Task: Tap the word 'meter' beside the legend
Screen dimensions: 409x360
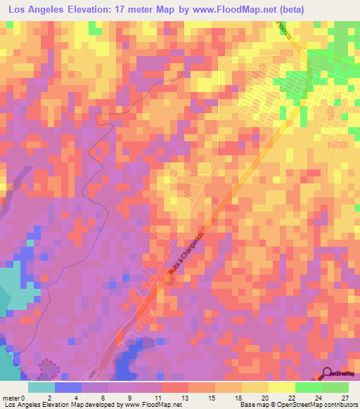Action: pyautogui.click(x=11, y=397)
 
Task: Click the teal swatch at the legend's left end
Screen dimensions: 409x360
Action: pyautogui.click(x=41, y=387)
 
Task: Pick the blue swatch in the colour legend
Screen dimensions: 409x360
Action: pyautogui.click(x=68, y=387)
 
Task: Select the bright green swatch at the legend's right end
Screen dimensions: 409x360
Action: pyautogui.click(x=335, y=387)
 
